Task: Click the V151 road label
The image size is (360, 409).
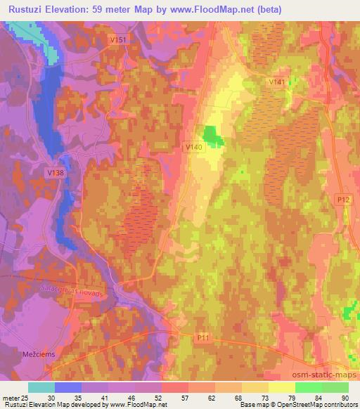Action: click(118, 40)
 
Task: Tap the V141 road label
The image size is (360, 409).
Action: click(277, 82)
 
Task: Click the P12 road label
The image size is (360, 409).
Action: click(342, 200)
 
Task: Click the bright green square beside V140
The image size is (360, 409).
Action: click(212, 136)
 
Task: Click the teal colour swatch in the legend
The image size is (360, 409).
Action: click(41, 387)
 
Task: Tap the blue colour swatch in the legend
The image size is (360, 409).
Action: click(68, 387)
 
